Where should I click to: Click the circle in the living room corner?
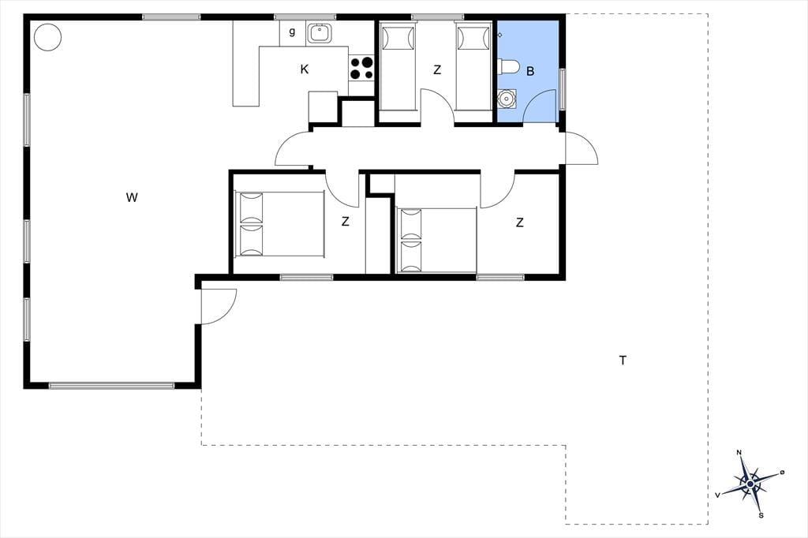[47, 37]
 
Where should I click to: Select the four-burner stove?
[361, 69]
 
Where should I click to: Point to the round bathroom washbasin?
[507, 98]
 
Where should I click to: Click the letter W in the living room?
[132, 197]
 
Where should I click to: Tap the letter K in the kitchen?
[305, 69]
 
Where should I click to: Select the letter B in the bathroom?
[530, 71]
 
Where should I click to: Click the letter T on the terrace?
[623, 361]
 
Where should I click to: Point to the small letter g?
[292, 32]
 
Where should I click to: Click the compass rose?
[750, 484]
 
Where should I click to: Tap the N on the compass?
[739, 453]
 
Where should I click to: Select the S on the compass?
[761, 515]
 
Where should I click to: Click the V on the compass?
[717, 495]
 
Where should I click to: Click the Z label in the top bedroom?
[437, 69]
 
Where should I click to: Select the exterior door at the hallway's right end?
[582, 148]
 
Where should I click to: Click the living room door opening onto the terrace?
[219, 307]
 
